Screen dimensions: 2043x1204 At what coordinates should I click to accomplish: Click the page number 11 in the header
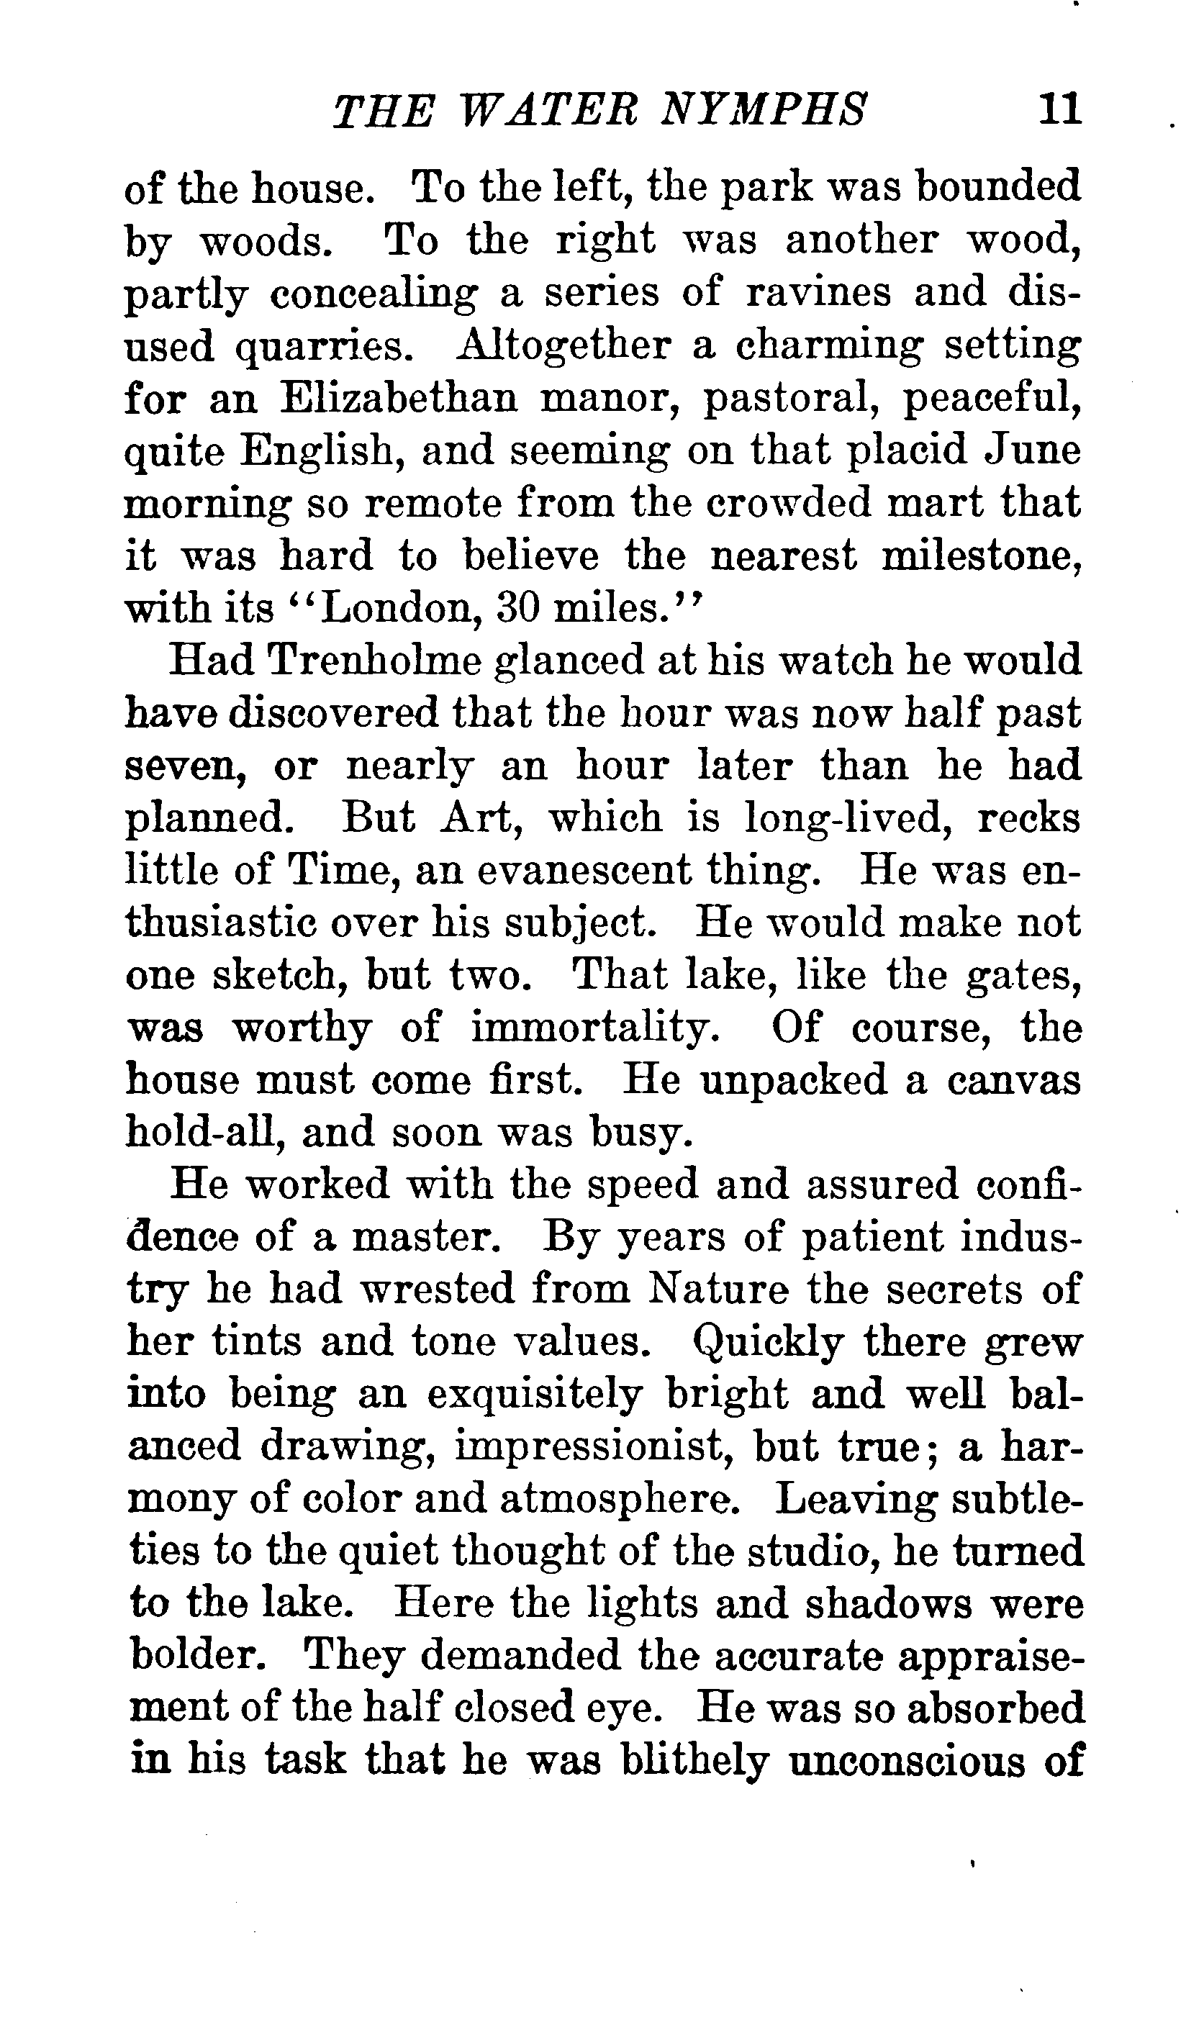(x=1059, y=109)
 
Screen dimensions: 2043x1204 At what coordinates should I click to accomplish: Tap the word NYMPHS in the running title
(x=764, y=110)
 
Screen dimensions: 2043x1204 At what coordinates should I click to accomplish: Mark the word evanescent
(x=584, y=870)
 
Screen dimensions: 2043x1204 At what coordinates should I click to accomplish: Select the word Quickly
(x=769, y=1342)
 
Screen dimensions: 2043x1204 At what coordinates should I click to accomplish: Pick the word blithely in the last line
(x=694, y=1762)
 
